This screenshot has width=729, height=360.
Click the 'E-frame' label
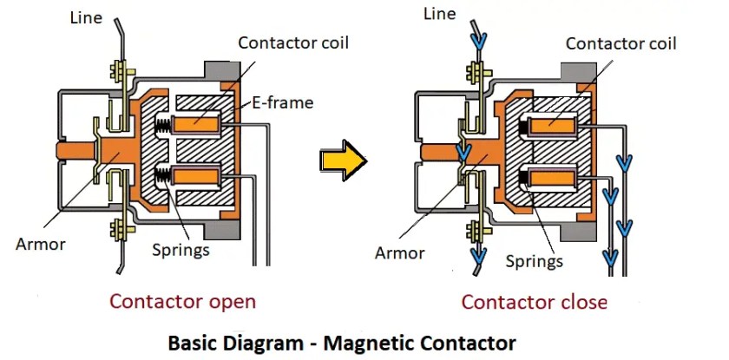point(282,103)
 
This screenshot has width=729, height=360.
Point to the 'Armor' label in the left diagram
point(40,244)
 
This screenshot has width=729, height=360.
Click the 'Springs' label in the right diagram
point(533,260)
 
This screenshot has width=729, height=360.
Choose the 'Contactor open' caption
point(182,302)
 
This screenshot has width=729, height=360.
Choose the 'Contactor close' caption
point(534,302)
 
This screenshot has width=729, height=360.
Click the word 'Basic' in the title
point(197,342)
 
